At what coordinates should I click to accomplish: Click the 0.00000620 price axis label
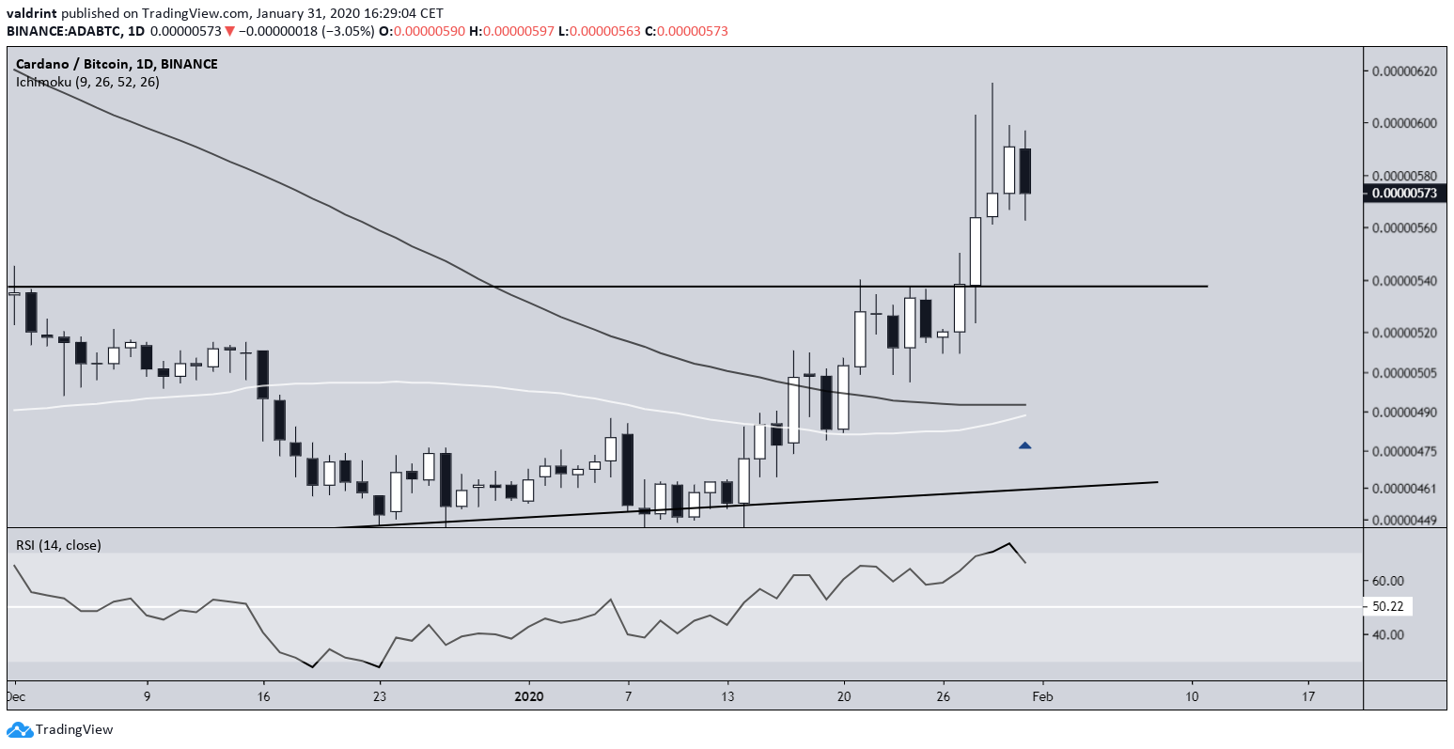1404,70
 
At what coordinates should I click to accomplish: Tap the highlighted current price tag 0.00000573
1404,194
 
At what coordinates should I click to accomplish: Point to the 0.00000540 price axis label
1404,281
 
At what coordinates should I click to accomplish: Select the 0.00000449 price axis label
1404,520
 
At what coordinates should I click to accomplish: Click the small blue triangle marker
1024,445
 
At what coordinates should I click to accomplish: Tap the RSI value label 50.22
1387,607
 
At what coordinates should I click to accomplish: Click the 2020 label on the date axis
529,697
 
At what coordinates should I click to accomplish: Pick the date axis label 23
379,697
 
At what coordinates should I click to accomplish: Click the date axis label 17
1309,697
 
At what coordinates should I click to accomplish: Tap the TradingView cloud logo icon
20,729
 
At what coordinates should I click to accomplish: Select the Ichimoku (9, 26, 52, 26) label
86,82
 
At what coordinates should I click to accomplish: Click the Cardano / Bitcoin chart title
117,64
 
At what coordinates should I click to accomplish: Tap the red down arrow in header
229,31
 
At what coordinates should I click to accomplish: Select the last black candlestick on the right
1024,170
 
